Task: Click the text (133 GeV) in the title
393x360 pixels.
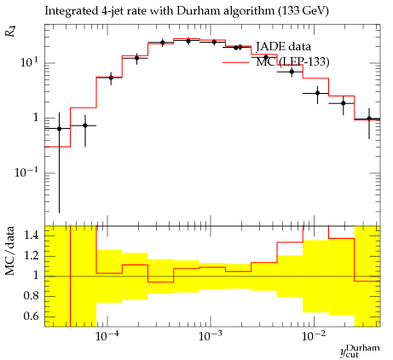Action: pos(303,11)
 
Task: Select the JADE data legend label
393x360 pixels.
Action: pos(283,46)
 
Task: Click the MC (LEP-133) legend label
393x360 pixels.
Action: pos(292,61)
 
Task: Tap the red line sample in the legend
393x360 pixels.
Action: pos(236,62)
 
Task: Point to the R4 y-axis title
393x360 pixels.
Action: pos(10,32)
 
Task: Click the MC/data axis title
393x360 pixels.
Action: pos(10,251)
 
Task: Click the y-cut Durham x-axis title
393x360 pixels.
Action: pos(360,351)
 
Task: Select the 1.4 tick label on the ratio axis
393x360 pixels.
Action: pos(32,235)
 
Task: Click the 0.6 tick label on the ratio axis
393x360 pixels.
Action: pos(32,316)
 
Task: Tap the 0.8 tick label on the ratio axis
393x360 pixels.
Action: pos(32,296)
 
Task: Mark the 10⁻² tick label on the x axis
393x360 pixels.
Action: pos(314,336)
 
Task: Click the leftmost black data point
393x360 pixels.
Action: pos(59,129)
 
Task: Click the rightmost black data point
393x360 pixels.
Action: pos(369,119)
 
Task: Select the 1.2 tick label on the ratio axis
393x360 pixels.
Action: pos(32,256)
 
